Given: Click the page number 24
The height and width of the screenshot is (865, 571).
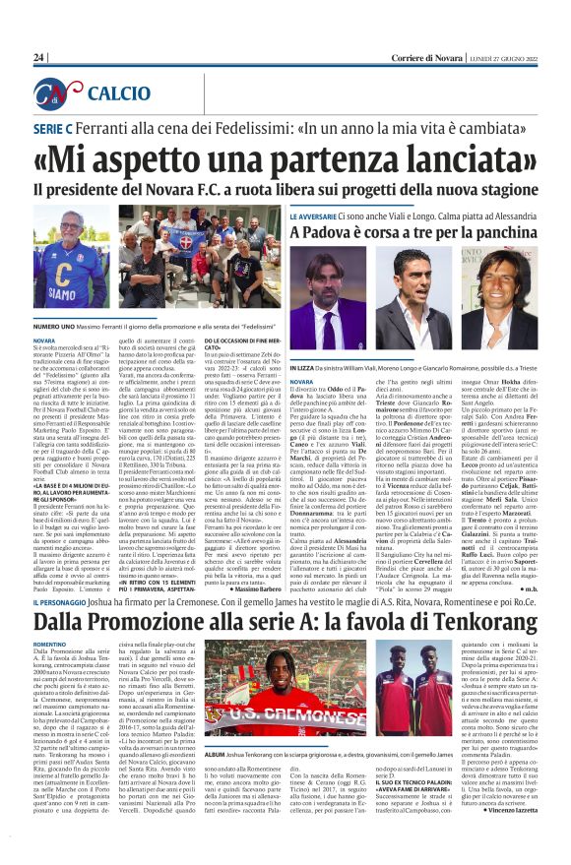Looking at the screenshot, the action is [39, 58].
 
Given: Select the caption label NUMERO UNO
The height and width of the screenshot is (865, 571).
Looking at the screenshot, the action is [59, 323].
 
